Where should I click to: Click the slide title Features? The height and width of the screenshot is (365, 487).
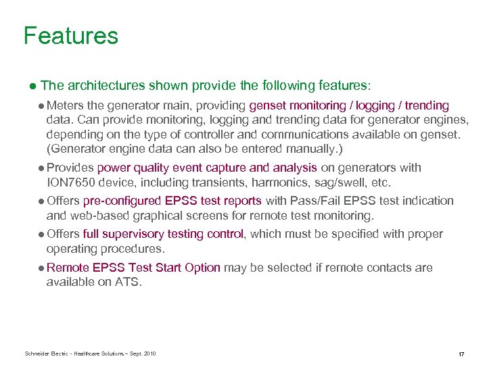click(x=70, y=36)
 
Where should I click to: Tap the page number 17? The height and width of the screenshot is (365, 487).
click(x=461, y=354)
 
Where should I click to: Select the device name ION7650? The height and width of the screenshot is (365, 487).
click(x=72, y=182)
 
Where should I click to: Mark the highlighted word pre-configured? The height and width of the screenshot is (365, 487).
click(x=122, y=201)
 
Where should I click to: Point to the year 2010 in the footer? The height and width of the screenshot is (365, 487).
click(x=149, y=354)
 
